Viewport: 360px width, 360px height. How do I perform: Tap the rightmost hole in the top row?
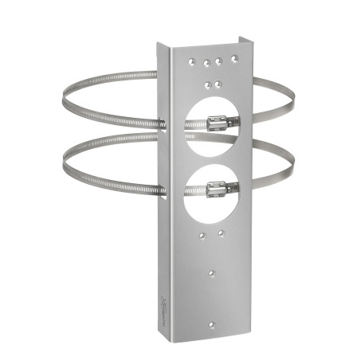click(x=233, y=58)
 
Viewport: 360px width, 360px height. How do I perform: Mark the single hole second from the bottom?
click(x=212, y=272)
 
